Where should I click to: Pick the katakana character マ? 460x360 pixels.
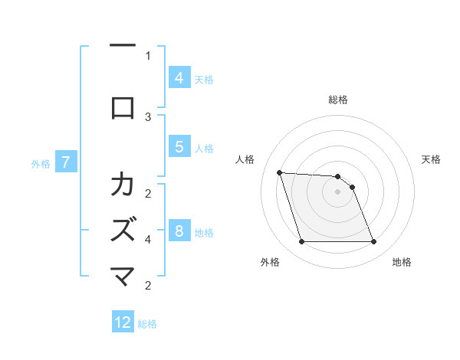[x=123, y=277]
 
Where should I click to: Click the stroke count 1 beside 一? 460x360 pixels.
[x=148, y=55]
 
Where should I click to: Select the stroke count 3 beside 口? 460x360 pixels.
[x=148, y=116]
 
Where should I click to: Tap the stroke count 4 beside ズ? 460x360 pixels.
[x=148, y=239]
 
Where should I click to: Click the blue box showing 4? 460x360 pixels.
[x=179, y=77]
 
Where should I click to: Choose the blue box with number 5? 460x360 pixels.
[x=179, y=146]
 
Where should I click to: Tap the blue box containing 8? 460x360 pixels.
[x=179, y=231]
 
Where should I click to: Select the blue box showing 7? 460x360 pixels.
[x=66, y=162]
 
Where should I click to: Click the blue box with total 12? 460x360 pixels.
[x=123, y=322]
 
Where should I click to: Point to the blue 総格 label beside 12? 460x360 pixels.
[x=147, y=324]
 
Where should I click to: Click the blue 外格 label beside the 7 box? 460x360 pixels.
[x=41, y=163]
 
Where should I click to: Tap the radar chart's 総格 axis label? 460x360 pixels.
[x=337, y=100]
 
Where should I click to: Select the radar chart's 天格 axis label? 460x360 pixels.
[x=431, y=159]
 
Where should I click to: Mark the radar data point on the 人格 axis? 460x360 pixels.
[x=279, y=172]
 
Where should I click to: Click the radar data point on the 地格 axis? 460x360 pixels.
[x=373, y=242]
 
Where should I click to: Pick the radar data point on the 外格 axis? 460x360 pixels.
[x=301, y=242]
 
